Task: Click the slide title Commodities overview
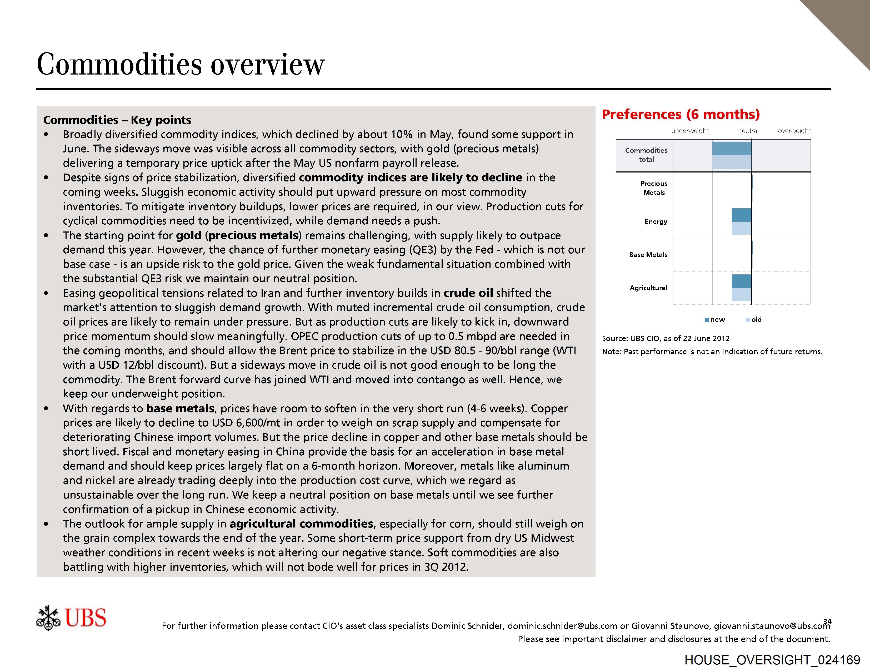(181, 64)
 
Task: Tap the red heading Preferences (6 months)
(680, 115)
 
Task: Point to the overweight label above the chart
(794, 131)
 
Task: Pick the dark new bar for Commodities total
(731, 149)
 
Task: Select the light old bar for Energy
(741, 228)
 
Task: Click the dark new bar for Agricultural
(741, 281)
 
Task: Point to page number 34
(827, 621)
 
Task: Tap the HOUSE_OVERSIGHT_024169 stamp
(772, 660)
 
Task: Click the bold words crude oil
(468, 293)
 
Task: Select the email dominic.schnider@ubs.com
(562, 626)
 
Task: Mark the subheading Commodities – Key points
(117, 120)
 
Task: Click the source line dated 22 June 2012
(665, 338)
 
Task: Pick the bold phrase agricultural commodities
(301, 524)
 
